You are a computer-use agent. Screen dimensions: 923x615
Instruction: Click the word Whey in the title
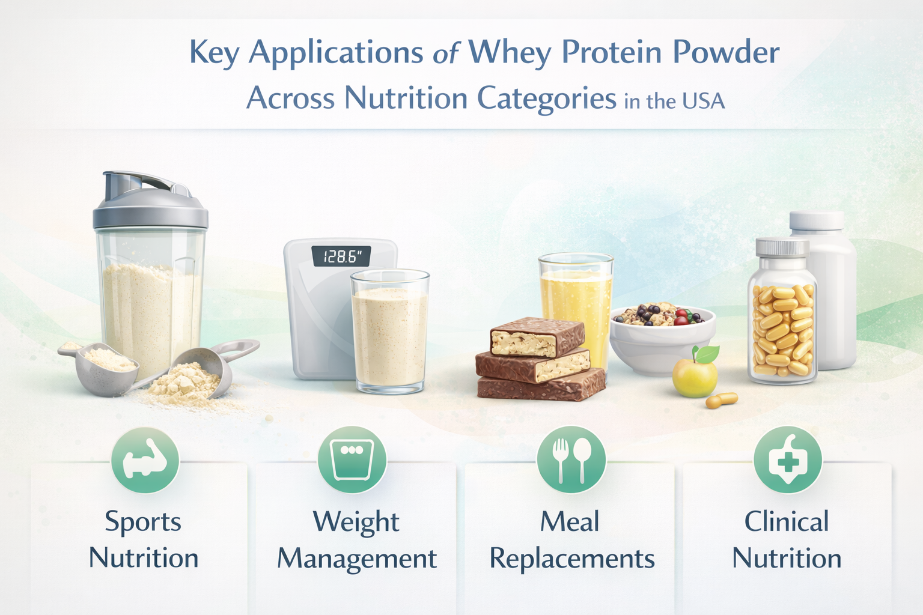510,53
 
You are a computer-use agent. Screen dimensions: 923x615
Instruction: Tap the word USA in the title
704,101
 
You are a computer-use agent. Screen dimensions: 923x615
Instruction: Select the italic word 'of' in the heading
446,53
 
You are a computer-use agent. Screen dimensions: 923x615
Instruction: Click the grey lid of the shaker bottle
150,202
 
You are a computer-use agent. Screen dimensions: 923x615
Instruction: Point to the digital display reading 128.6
341,256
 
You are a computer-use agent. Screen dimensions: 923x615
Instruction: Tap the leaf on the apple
708,354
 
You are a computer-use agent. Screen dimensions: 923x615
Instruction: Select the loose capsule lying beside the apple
722,400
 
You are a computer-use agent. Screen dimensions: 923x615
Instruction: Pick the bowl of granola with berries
663,338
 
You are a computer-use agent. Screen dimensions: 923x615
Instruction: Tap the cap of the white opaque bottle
817,221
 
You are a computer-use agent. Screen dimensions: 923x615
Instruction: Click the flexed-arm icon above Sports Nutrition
145,459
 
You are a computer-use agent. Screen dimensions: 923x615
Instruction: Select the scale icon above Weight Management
352,459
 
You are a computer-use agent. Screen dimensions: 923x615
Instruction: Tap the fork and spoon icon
571,459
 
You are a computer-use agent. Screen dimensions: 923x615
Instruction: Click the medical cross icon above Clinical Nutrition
788,459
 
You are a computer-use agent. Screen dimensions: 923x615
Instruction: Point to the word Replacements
572,559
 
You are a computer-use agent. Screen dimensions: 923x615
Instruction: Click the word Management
357,559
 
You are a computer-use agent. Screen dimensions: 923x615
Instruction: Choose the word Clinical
787,521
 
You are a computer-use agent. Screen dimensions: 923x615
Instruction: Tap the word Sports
143,523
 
